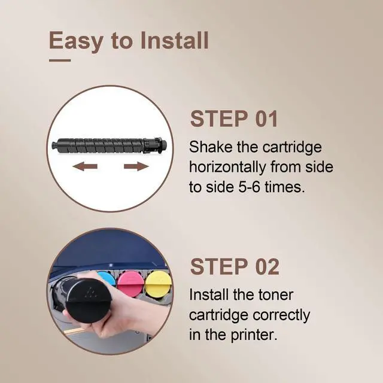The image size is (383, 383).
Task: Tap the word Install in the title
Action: tap(174, 40)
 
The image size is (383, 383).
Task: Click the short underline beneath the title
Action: tap(60, 60)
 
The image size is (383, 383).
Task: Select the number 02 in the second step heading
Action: tap(267, 266)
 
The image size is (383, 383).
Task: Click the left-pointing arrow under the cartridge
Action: tap(85, 166)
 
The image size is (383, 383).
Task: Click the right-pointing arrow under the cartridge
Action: tap(136, 166)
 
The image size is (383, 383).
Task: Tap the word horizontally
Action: tap(227, 168)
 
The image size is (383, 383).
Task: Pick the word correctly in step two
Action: tap(281, 315)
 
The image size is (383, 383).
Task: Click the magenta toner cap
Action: tap(130, 282)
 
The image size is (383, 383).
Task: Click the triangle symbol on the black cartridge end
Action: tap(92, 292)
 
